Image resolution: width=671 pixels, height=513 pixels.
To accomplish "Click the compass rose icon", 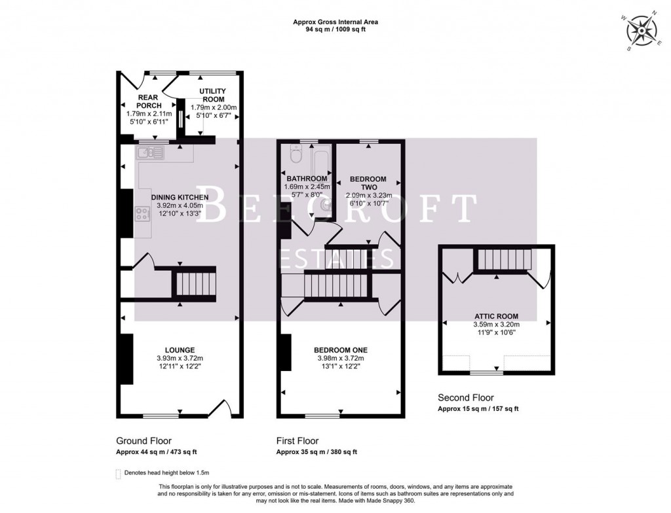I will tap(640, 31).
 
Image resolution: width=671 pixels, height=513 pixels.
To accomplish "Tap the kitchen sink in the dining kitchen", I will tap(149, 153).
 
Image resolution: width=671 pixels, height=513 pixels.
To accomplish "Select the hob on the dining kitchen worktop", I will tap(142, 213).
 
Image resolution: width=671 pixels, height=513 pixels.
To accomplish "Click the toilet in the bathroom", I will tap(295, 154).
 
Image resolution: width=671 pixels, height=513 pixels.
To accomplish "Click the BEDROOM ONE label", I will tap(340, 349).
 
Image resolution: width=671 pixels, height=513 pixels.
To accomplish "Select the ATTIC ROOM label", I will tap(496, 315).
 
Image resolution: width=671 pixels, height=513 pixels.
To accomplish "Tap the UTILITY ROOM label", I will tap(213, 96).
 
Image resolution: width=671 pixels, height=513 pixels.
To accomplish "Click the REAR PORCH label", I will tap(147, 101).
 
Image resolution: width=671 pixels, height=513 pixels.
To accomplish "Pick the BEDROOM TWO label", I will tap(368, 183).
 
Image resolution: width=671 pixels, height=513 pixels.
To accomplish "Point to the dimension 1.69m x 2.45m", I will tap(307, 186).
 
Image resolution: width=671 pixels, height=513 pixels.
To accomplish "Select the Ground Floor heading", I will tap(144, 441).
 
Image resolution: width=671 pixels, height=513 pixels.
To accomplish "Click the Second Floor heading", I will tap(466, 397).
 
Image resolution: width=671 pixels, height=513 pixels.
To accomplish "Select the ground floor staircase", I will tap(193, 284).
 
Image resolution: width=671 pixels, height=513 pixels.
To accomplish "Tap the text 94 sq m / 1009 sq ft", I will tap(335, 29).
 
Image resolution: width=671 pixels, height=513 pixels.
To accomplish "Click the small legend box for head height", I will tap(118, 472).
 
